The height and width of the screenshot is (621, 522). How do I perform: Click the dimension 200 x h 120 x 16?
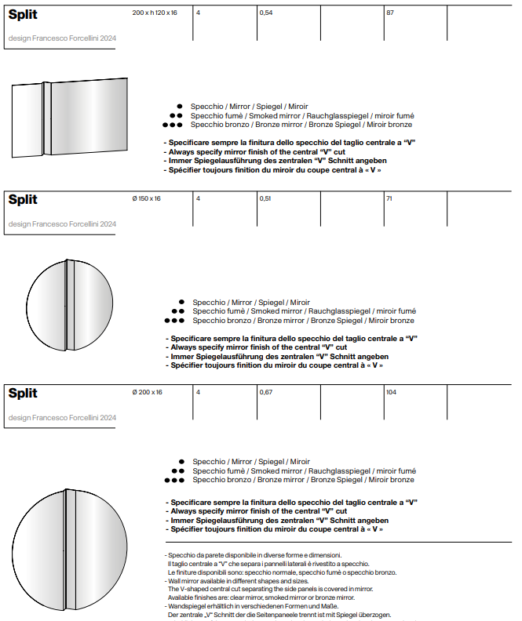155,13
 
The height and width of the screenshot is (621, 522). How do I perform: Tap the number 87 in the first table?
389,13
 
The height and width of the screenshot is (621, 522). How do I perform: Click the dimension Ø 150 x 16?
146,198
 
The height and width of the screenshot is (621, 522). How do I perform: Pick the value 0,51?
265,198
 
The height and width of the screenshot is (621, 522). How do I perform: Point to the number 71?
389,198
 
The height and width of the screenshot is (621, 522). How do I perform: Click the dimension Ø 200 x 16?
147,392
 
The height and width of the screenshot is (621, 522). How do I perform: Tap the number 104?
391,392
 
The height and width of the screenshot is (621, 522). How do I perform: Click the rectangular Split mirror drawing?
70,118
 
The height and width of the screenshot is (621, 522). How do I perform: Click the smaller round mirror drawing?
67,304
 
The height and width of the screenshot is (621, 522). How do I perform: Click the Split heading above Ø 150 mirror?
23,200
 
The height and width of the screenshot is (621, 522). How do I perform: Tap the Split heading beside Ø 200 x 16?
23,393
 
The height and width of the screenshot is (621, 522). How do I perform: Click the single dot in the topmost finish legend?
180,106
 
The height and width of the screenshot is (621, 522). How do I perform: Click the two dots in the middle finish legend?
177,311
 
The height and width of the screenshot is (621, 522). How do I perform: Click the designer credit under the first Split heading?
62,38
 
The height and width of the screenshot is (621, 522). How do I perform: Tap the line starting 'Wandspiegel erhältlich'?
250,606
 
